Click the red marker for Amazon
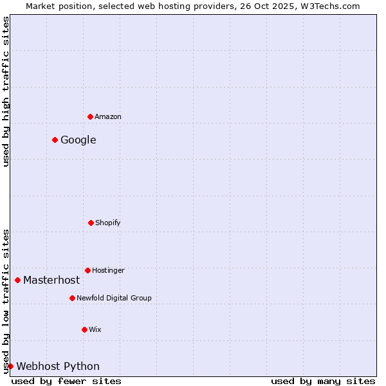(x=90, y=116)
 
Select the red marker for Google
(x=55, y=140)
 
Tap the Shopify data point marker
(x=91, y=223)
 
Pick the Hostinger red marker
(x=87, y=270)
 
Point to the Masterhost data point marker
(x=17, y=280)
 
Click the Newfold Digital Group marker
(x=72, y=298)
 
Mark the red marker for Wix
(x=84, y=329)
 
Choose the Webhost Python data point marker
(x=10, y=366)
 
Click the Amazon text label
(x=108, y=116)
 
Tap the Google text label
(x=78, y=140)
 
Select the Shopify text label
(x=108, y=223)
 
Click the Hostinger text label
(x=108, y=270)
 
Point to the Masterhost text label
(x=51, y=280)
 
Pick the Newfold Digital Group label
(x=114, y=298)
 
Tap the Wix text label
(x=95, y=329)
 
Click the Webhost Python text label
(x=58, y=366)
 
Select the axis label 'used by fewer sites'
(x=66, y=381)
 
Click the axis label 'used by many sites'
(x=323, y=381)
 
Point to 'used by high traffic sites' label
(x=6, y=91)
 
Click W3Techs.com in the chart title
(x=331, y=6)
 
